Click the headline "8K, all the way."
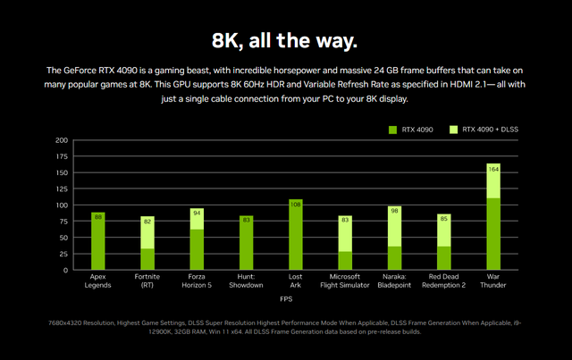coord(284,40)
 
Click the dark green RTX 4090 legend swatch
coord(392,130)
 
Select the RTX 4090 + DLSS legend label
coord(490,130)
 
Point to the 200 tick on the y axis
coord(62,140)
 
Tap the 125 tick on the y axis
coord(62,189)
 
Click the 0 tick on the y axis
coord(65,271)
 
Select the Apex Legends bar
coord(97,241)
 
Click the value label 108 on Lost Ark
coord(296,205)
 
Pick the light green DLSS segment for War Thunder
coord(493,181)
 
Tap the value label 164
coord(493,169)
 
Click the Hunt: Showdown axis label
coord(246,280)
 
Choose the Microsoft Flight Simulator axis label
coord(345,280)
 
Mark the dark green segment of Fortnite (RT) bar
coord(147,259)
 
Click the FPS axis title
coord(286,299)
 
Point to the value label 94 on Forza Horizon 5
coord(197,213)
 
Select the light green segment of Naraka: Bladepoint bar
coord(394,227)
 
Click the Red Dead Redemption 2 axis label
coord(443,280)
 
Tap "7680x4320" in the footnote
coord(65,323)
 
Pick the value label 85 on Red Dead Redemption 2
coord(443,219)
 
